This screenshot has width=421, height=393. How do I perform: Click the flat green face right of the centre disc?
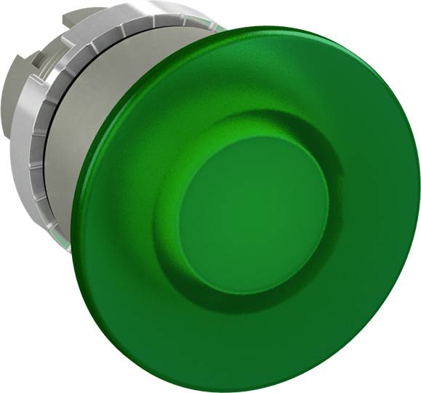coord(371,218)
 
